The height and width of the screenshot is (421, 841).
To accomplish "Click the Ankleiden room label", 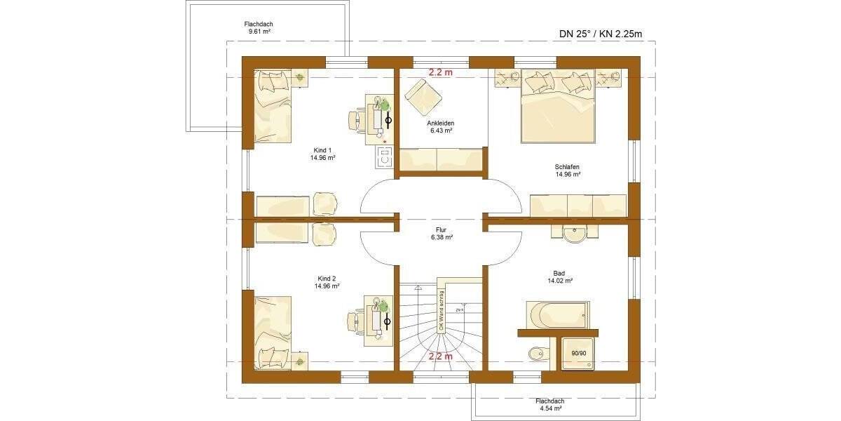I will click(440, 126).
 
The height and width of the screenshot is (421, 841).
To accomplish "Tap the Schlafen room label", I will click(568, 171).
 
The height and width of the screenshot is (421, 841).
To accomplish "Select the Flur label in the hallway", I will click(441, 234).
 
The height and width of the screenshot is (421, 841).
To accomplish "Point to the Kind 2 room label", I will click(327, 282).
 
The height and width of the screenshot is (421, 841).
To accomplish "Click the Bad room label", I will click(560, 276).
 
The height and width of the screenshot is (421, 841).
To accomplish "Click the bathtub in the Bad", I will click(557, 314).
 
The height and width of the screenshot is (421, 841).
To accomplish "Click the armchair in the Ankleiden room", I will click(420, 95).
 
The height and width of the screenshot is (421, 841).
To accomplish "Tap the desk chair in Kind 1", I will click(357, 120).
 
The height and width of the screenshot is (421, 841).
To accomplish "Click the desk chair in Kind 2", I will click(357, 320).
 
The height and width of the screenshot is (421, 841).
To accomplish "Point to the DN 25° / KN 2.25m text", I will click(600, 33).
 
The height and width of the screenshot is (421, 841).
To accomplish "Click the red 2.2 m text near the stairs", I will click(441, 356).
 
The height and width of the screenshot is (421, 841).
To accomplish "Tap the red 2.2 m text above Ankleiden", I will click(441, 72).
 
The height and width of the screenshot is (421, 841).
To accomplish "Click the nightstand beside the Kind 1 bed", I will click(299, 77).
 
